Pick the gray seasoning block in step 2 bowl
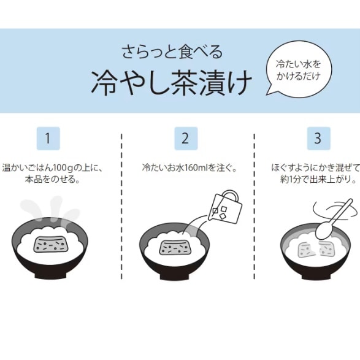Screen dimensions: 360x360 (176, 247)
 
